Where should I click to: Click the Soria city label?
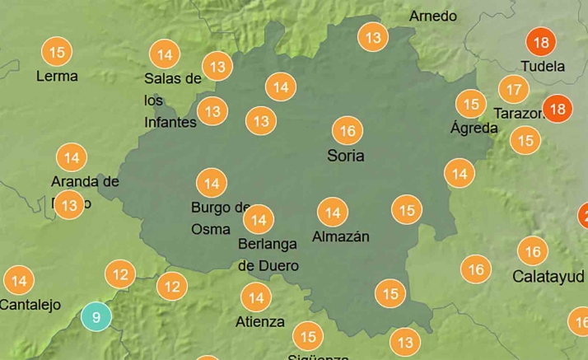point(345,156)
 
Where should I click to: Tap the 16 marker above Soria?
point(347,131)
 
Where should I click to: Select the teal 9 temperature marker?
point(96,317)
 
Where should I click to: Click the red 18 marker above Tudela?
point(541,43)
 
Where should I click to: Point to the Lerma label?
point(58,77)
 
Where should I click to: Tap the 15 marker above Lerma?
point(57,53)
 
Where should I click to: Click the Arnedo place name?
point(432,16)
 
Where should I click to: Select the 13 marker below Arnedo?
point(373,37)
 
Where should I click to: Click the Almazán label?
point(341,237)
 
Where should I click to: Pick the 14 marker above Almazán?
point(333,213)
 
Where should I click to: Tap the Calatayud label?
point(548,276)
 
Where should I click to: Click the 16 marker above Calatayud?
point(533,251)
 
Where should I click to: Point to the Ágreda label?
point(474,129)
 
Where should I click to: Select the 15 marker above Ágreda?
point(471,104)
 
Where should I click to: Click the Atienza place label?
point(259,322)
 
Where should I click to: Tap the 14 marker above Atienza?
point(256,297)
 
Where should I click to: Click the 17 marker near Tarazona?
point(514,89)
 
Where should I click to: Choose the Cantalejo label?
point(30,305)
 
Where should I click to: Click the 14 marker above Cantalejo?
point(19,281)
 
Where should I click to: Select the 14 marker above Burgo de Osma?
point(212,183)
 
